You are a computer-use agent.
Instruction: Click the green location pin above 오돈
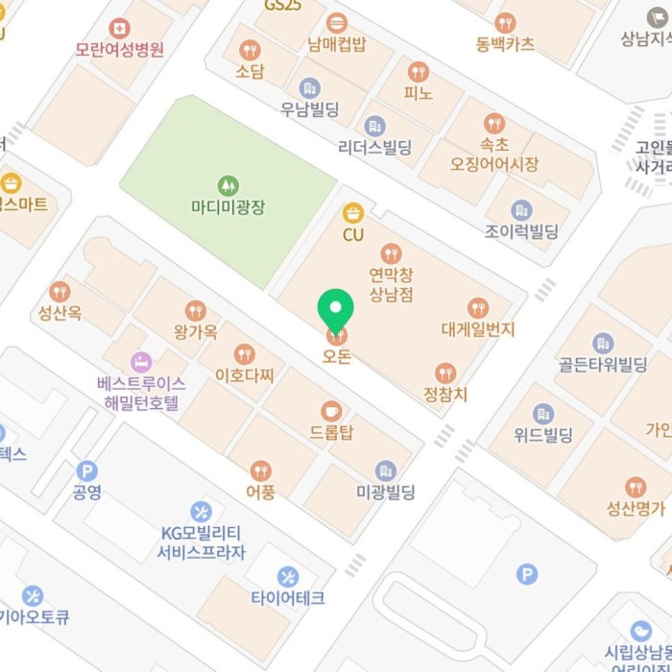pyautogui.click(x=336, y=309)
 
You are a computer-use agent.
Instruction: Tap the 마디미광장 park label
pyautogui.click(x=228, y=205)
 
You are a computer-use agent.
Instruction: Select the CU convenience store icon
pyautogui.click(x=353, y=212)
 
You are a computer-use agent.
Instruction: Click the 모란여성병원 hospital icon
pyautogui.click(x=120, y=28)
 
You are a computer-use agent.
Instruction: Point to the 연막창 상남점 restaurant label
pyautogui.click(x=391, y=285)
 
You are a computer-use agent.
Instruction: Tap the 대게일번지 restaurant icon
pyautogui.click(x=478, y=308)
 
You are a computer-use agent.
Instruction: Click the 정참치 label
pyautogui.click(x=444, y=394)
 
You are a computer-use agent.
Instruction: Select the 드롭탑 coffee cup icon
pyautogui.click(x=331, y=411)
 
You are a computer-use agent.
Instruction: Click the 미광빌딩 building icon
pyautogui.click(x=385, y=471)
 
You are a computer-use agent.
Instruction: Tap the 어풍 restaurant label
pyautogui.click(x=260, y=492)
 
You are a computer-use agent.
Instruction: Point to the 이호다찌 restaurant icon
pyautogui.click(x=245, y=354)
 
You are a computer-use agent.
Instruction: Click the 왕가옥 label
pyautogui.click(x=196, y=333)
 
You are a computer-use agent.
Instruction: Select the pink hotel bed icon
pyautogui.click(x=141, y=362)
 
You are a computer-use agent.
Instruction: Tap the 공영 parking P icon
pyautogui.click(x=87, y=470)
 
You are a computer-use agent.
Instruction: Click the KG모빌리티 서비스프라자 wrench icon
pyautogui.click(x=201, y=510)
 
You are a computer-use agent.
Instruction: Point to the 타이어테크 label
pyautogui.click(x=288, y=598)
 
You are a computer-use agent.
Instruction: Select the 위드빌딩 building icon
pyautogui.click(x=543, y=414)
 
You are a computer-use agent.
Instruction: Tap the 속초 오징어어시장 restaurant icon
pyautogui.click(x=494, y=123)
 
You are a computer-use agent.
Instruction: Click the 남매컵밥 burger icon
pyautogui.click(x=337, y=23)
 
